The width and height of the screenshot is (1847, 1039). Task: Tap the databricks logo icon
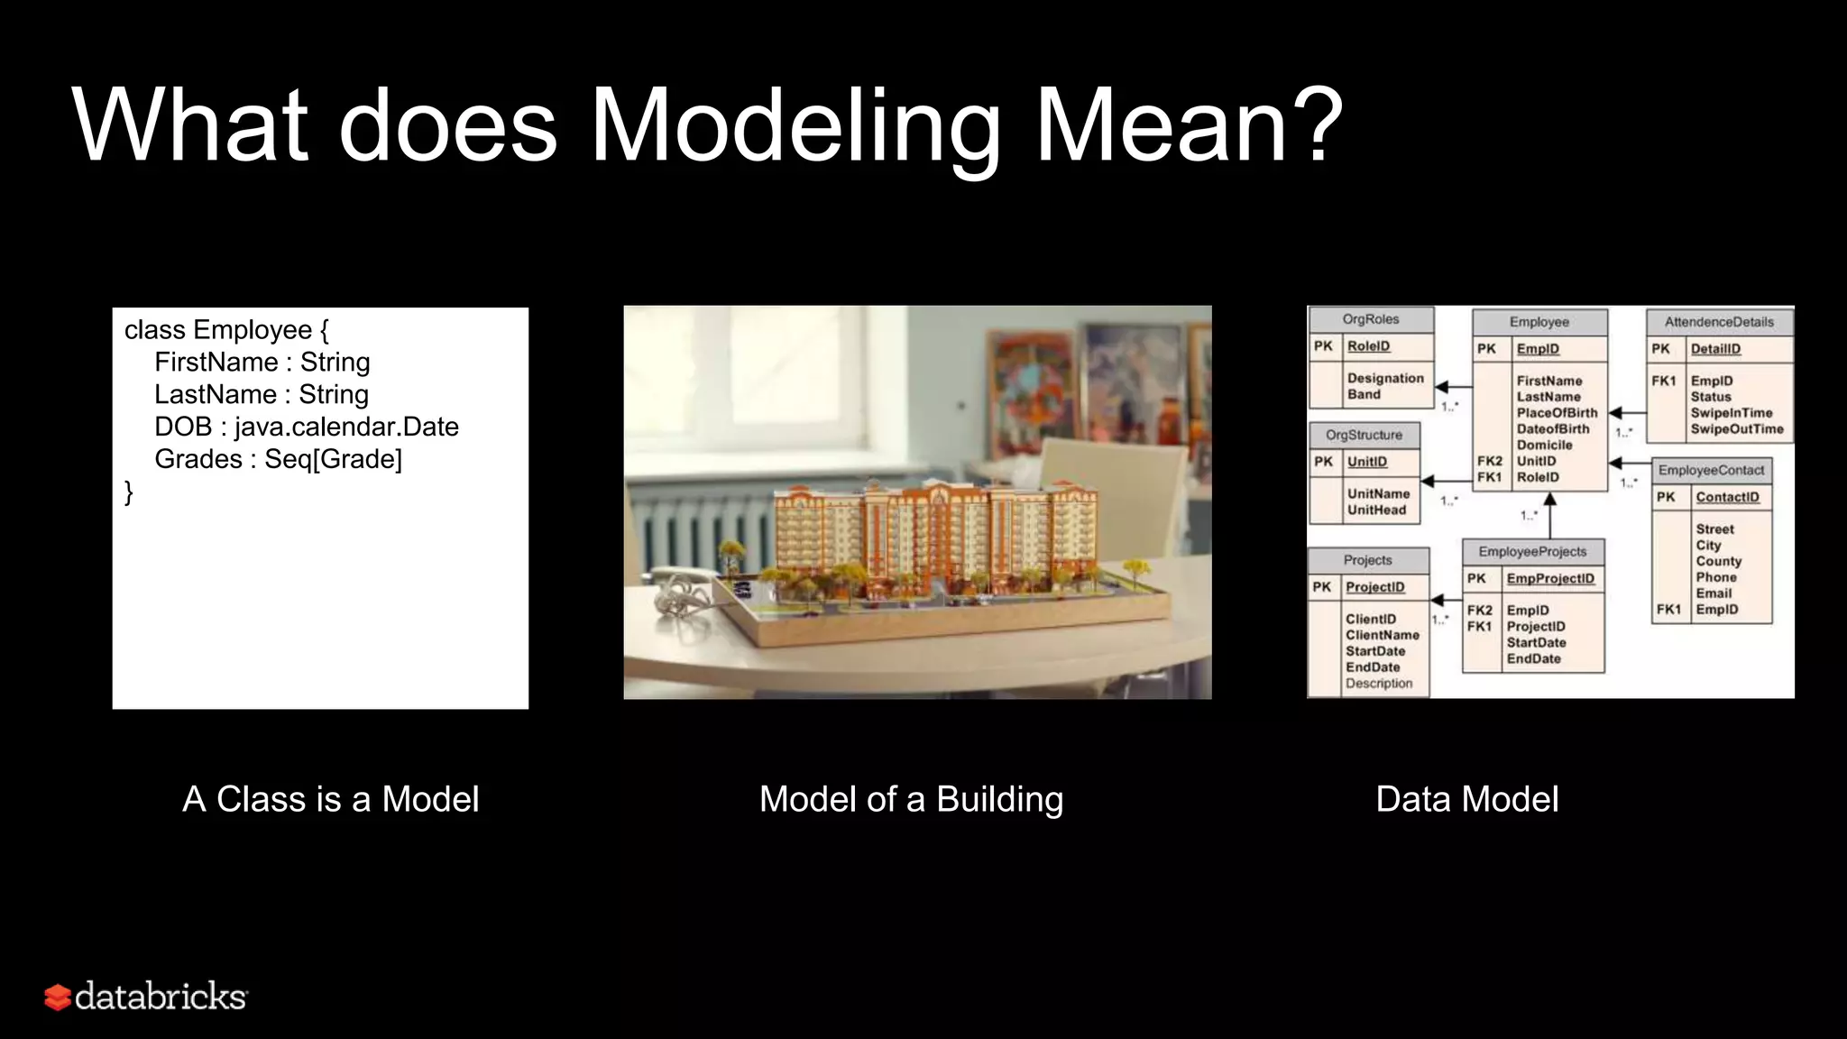click(58, 998)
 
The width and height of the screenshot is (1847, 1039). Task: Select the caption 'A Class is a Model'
click(330, 799)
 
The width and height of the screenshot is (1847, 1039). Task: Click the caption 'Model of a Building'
click(911, 799)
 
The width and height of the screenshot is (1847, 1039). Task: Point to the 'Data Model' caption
click(1466, 799)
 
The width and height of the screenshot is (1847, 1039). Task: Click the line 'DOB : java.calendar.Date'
click(307, 427)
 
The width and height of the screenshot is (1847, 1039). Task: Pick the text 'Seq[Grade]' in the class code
click(333, 459)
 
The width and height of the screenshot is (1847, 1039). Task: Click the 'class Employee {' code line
click(226, 330)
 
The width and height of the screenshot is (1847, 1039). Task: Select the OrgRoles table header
click(1370, 319)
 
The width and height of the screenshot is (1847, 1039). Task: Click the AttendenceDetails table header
click(1718, 322)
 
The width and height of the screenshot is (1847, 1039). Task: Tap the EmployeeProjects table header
click(1531, 552)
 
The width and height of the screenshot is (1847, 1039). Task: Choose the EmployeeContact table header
click(1710, 471)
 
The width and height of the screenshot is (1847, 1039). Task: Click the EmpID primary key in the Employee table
click(1537, 349)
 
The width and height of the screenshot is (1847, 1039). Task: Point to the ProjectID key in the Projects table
click(1374, 587)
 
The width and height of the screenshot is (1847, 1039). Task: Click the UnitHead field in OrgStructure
click(1376, 510)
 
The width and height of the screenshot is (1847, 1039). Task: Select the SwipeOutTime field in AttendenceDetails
click(1736, 429)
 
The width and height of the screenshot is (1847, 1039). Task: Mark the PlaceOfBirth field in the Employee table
click(1557, 413)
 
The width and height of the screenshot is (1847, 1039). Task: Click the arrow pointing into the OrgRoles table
click(1442, 388)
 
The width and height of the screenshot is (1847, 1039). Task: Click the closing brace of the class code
click(129, 492)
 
